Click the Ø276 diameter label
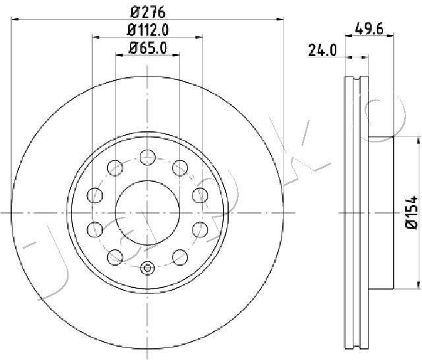click(x=148, y=12)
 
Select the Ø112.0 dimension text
click(x=148, y=30)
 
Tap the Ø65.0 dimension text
click(x=148, y=48)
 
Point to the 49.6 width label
click(x=369, y=29)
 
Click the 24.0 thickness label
click(x=322, y=50)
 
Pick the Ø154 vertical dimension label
click(x=411, y=212)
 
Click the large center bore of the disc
click(x=148, y=212)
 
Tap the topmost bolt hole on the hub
click(x=148, y=158)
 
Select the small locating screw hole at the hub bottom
click(x=148, y=268)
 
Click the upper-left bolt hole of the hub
click(x=115, y=167)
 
